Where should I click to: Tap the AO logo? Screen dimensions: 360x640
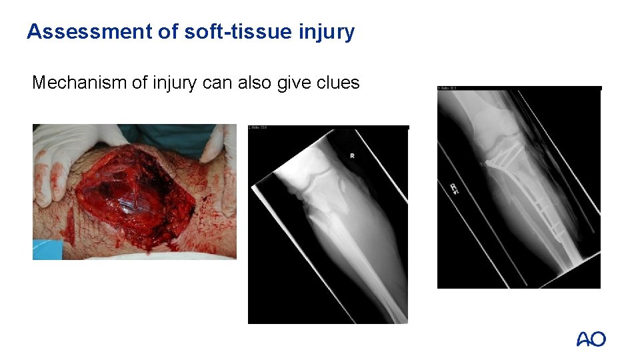click(591, 339)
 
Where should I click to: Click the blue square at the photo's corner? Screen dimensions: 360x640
click(47, 249)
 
